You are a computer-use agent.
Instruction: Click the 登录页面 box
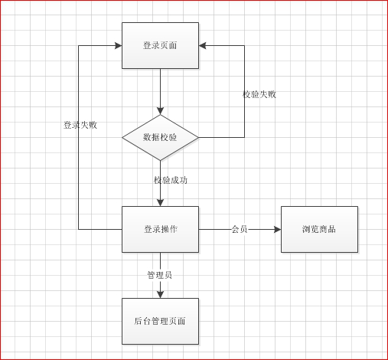[160, 45]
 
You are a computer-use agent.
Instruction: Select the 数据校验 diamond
[160, 138]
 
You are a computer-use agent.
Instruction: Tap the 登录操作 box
[160, 229]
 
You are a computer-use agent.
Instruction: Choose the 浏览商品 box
[319, 229]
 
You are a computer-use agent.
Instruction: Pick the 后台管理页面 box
[160, 321]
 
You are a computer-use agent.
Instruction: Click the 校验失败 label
[259, 94]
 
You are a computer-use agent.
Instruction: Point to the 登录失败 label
[80, 125]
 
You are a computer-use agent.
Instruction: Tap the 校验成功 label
[171, 180]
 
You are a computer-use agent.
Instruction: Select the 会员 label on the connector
[240, 229]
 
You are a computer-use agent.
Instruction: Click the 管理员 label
[160, 275]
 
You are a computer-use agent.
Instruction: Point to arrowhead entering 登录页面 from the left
[119, 46]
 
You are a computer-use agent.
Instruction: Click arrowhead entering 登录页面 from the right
[202, 46]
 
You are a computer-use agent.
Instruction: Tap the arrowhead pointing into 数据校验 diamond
[160, 111]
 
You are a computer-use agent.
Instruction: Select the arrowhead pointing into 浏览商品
[278, 229]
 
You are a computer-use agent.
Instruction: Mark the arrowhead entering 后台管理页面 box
[160, 295]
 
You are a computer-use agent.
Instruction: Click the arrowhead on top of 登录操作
[160, 203]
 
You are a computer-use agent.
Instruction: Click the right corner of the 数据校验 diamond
[199, 138]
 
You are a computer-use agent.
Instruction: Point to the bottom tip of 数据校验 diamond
[160, 161]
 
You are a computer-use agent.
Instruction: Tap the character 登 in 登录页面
[147, 45]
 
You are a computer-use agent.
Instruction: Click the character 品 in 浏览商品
[331, 229]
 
